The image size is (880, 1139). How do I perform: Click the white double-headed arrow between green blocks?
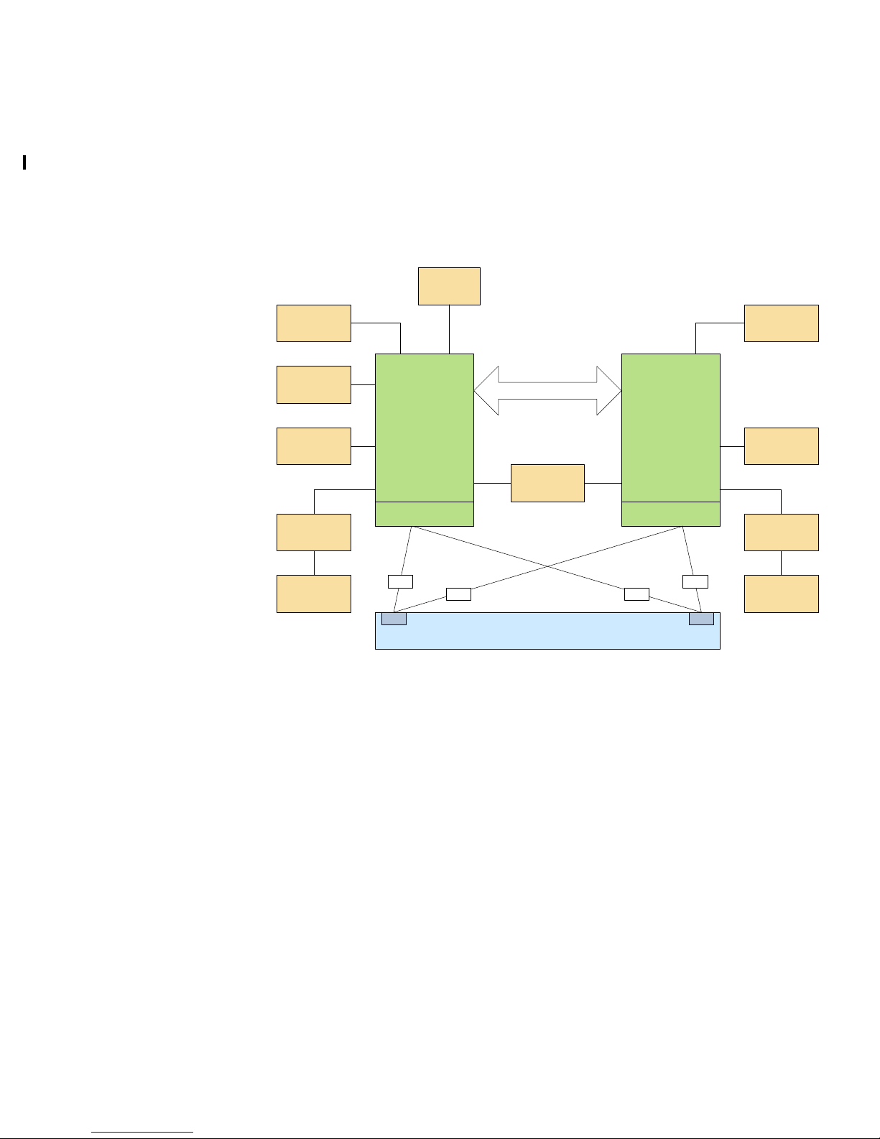coord(547,390)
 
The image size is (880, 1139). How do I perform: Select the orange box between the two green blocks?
coord(547,483)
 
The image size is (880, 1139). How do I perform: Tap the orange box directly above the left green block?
coord(449,286)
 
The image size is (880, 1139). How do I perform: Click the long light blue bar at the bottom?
coord(547,636)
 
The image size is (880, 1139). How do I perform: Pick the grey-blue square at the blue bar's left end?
coord(394,619)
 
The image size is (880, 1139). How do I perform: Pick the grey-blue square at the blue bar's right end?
coord(701,619)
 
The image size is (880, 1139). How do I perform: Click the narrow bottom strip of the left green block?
coord(425,514)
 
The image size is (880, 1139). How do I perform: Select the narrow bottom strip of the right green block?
coord(670,514)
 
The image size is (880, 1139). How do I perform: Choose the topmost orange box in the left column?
coord(314,323)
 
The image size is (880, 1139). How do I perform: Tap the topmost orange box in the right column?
coord(781,323)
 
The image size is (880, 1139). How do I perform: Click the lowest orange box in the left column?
coord(314,594)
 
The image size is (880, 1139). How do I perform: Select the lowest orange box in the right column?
coord(781,594)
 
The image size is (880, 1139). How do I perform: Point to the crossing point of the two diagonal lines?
coord(547,566)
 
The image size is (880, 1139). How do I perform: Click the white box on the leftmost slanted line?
coord(400,581)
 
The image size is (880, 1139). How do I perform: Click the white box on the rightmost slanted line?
coord(695,581)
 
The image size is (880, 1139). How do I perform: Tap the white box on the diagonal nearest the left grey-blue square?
coord(458,594)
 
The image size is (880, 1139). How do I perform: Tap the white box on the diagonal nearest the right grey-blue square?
coord(636,594)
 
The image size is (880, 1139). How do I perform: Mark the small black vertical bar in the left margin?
coord(24,162)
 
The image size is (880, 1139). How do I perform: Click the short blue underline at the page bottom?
coord(142,1133)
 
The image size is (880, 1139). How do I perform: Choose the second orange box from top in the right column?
coord(781,446)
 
